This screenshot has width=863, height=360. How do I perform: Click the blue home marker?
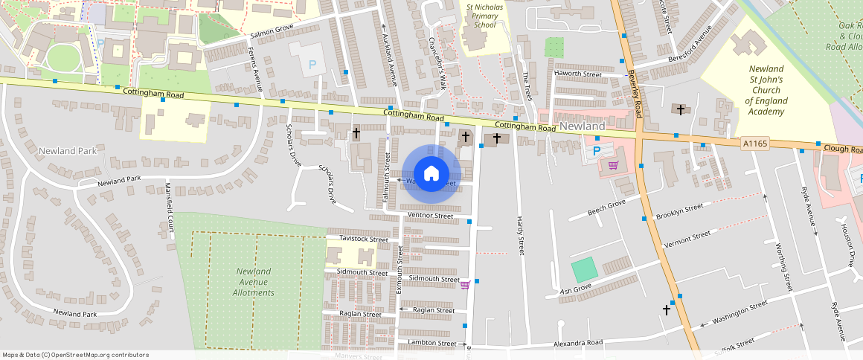(431, 174)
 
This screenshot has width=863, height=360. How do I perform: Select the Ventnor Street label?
(431, 216)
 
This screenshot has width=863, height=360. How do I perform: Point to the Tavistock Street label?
(364, 240)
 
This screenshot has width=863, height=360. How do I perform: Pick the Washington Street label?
(739, 313)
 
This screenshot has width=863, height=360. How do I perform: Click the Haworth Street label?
(577, 74)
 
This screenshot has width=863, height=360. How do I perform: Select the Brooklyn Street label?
(679, 211)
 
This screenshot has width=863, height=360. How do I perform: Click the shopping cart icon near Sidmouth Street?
(465, 284)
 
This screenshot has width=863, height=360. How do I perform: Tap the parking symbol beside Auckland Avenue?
(312, 65)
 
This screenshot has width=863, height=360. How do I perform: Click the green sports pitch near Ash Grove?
(584, 269)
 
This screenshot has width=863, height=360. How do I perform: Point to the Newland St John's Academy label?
(766, 90)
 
